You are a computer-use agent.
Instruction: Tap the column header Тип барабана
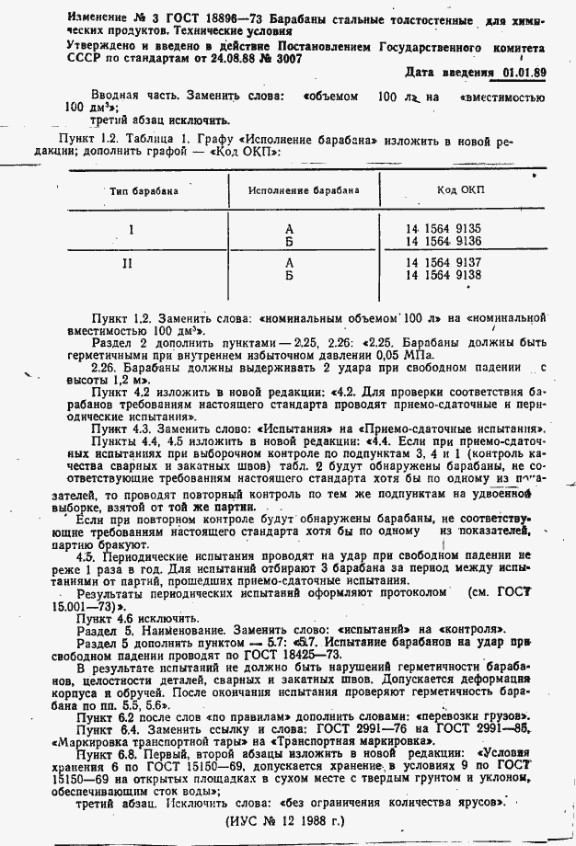144,191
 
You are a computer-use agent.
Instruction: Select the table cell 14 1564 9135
444,228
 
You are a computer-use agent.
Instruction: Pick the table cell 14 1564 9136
444,240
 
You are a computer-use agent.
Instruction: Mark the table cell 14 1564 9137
444,262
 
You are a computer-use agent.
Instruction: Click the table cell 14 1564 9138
444,274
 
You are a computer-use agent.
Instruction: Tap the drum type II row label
135,263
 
